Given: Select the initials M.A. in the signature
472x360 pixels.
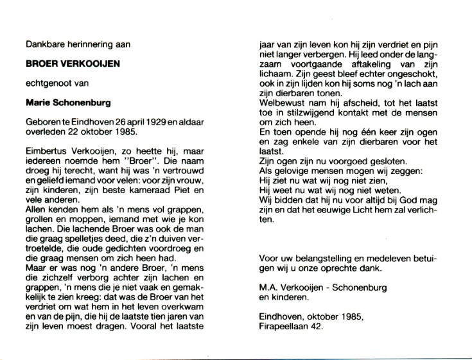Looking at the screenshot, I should point(268,287).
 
